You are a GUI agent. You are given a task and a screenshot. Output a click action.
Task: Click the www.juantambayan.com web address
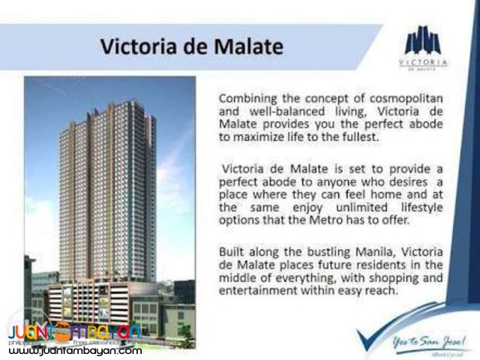coord(75,350)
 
